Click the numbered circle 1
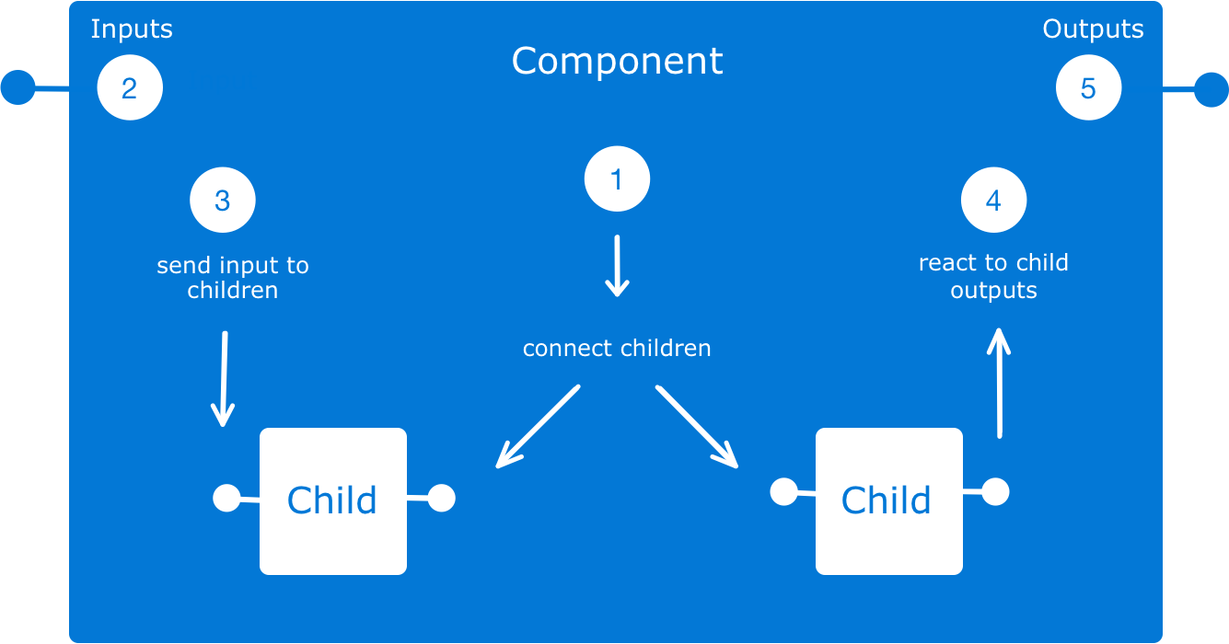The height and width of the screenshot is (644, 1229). (617, 179)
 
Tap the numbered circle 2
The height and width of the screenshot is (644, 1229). (129, 88)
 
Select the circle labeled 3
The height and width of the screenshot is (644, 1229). (222, 201)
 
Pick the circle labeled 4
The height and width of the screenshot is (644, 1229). (993, 201)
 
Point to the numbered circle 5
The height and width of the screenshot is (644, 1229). (1088, 88)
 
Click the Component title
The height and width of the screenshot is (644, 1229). (617, 62)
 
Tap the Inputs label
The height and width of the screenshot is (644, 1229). (132, 29)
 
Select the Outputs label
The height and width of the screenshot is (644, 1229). (1093, 29)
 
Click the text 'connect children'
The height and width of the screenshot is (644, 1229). (617, 349)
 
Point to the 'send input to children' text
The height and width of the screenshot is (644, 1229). (233, 278)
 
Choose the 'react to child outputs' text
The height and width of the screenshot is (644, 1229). (993, 276)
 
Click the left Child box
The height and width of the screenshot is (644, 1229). (332, 500)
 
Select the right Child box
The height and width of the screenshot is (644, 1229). (888, 500)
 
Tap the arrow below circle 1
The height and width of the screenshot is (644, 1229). (617, 266)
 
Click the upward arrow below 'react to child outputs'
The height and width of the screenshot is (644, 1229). (999, 382)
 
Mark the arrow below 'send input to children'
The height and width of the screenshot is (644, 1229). (223, 379)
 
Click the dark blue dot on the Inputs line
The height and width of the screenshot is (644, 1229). (17, 88)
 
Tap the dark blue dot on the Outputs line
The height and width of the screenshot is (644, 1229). (1211, 90)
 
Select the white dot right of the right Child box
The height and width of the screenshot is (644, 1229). (994, 492)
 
